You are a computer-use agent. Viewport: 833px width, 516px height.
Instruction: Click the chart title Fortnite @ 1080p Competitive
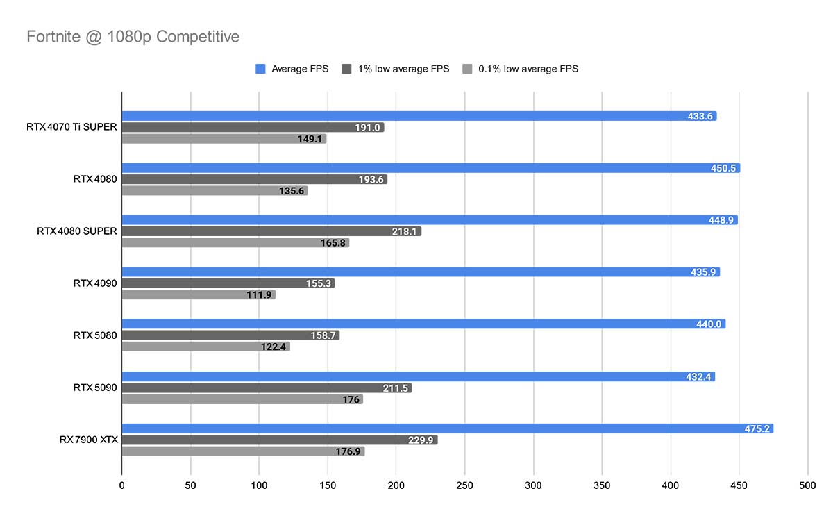coord(133,36)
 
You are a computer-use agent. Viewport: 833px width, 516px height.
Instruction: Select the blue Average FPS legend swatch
coord(261,69)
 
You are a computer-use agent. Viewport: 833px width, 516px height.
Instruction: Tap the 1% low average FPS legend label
coord(403,69)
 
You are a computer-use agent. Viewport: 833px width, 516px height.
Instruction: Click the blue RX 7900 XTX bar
coord(447,428)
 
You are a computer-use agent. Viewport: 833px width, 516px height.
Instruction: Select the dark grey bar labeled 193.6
coord(254,179)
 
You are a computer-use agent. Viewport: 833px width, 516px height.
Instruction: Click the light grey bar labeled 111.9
coord(198,294)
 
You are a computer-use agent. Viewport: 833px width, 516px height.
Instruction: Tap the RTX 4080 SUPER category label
coord(76,231)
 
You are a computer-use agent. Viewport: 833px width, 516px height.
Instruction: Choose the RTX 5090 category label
coord(95,387)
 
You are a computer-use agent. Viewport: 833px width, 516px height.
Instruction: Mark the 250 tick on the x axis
coord(464,485)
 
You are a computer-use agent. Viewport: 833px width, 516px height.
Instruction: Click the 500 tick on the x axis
coord(807,485)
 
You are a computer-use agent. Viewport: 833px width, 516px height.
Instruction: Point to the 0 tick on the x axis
coord(122,485)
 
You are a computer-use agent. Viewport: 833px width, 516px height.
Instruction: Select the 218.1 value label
coord(404,231)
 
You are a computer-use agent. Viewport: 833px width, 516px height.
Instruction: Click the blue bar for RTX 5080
coord(423,324)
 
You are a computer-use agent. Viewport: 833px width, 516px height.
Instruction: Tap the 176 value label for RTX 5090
coord(351,399)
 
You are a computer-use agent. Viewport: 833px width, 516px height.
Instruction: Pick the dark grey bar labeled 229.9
coord(279,440)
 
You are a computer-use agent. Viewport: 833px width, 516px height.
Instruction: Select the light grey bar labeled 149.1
coord(224,139)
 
